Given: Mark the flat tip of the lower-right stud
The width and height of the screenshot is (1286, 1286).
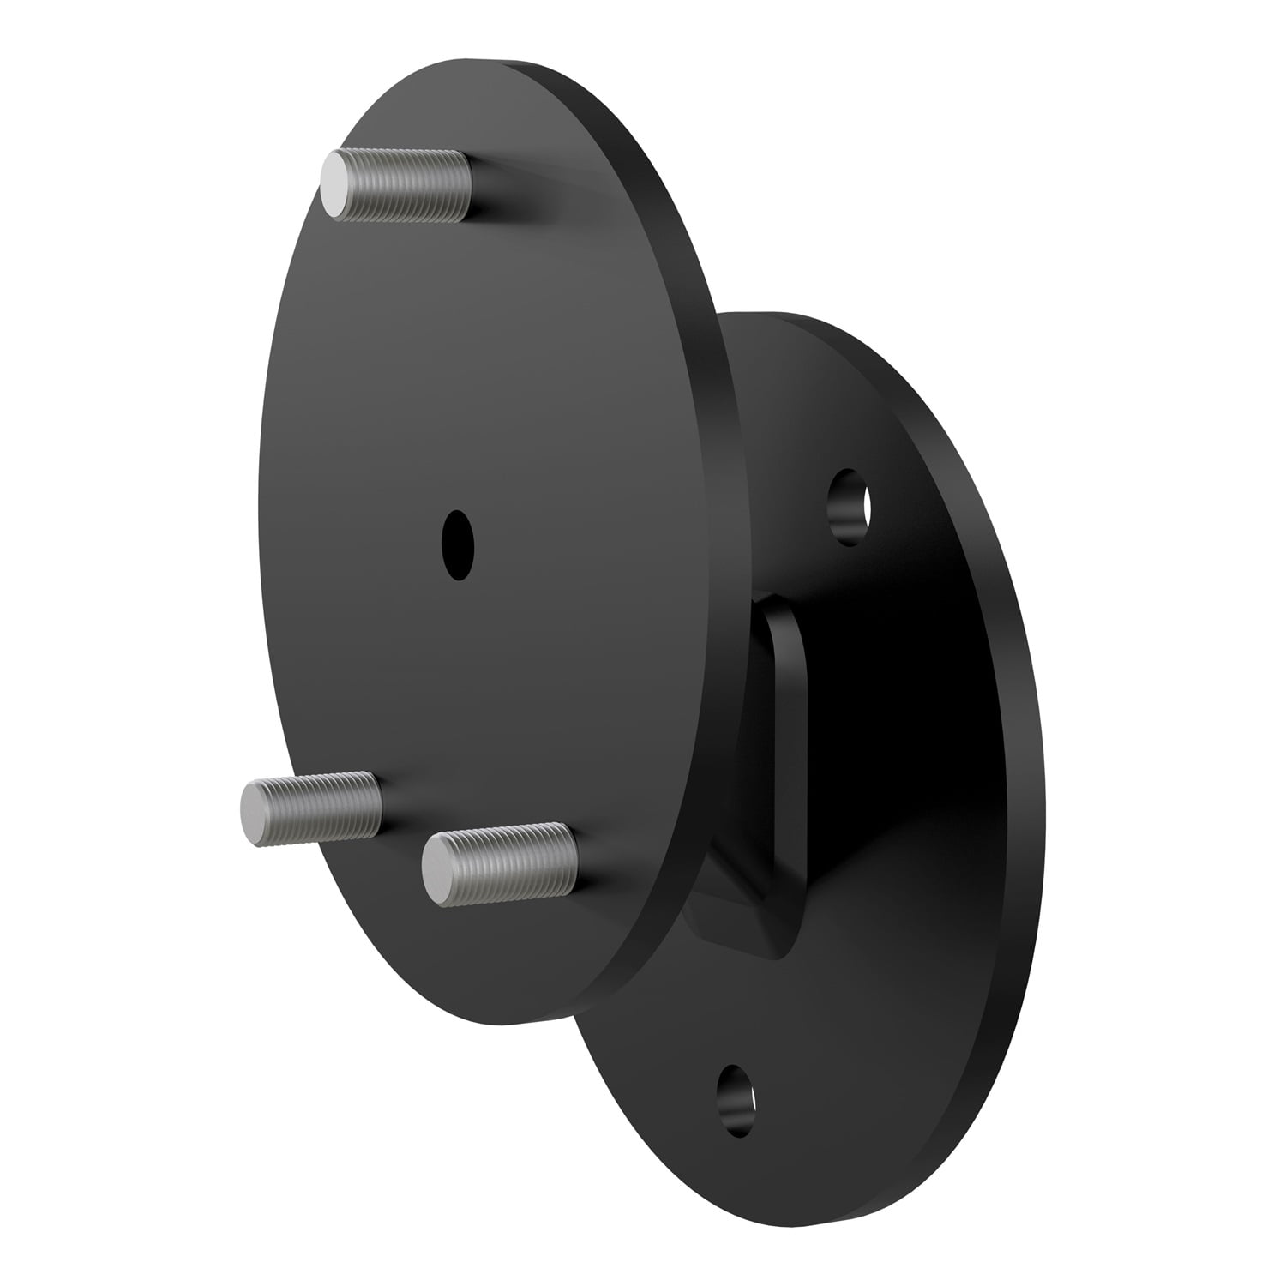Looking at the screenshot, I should click(439, 869).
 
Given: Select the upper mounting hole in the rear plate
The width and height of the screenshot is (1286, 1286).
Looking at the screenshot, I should click(850, 506).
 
